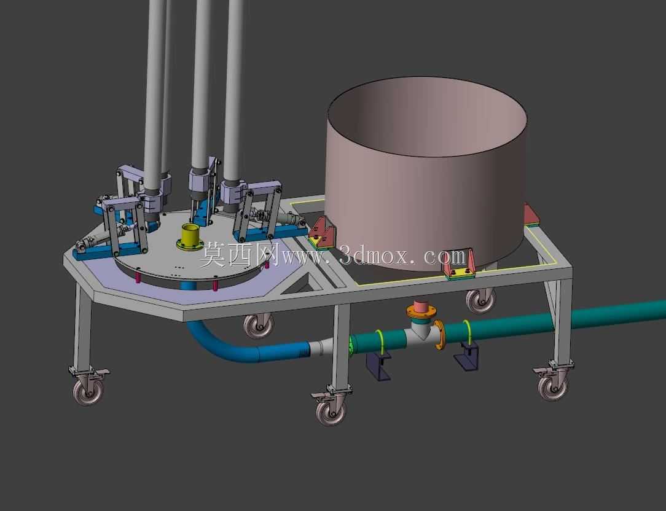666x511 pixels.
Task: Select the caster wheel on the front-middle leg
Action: pyautogui.click(x=331, y=411)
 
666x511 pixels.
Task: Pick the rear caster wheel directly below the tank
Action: pyautogui.click(x=480, y=301)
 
